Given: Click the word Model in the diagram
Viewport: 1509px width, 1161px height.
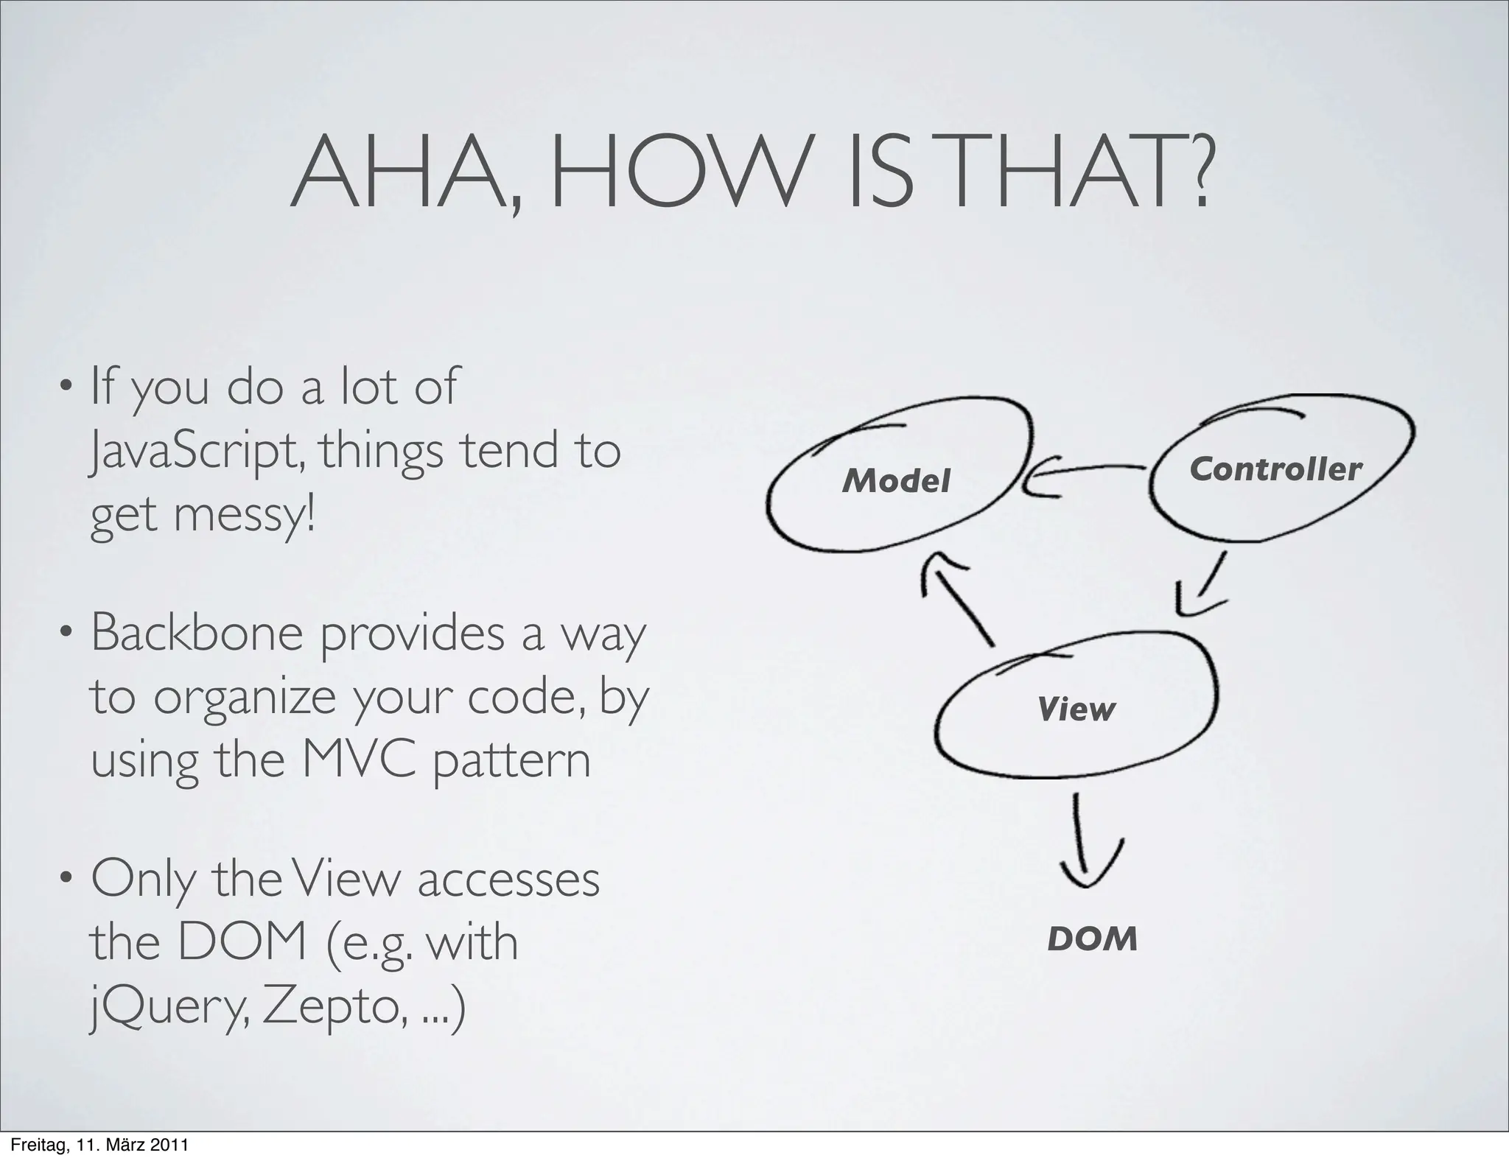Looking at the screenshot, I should coord(896,481).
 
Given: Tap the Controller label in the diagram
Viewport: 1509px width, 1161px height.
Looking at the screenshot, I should coord(1275,469).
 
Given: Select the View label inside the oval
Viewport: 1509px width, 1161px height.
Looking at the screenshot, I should coord(1076,709).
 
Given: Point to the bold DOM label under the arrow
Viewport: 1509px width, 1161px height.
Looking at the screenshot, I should coord(1092,939).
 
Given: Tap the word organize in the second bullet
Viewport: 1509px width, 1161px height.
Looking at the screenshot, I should coord(244,697).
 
